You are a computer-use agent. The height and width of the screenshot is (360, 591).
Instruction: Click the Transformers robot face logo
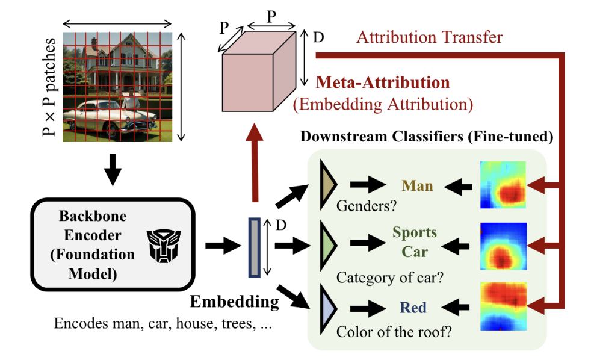[x=164, y=246]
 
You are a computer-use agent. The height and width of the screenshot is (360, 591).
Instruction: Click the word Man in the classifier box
[x=418, y=185]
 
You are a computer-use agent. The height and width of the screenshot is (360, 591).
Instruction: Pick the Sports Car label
[x=415, y=241]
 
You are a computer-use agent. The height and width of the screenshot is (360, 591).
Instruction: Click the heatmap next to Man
[x=503, y=184]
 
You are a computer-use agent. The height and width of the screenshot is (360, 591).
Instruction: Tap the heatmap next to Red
[x=503, y=306]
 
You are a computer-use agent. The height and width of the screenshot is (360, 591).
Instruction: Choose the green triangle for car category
[x=328, y=242]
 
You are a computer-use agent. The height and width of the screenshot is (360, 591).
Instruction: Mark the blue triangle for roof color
[x=328, y=303]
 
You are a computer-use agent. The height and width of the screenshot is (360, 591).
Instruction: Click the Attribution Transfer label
[x=429, y=37]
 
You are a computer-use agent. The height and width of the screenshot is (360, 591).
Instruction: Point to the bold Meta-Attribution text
[x=383, y=82]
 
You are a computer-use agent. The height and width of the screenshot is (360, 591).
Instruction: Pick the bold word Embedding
[x=235, y=301]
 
